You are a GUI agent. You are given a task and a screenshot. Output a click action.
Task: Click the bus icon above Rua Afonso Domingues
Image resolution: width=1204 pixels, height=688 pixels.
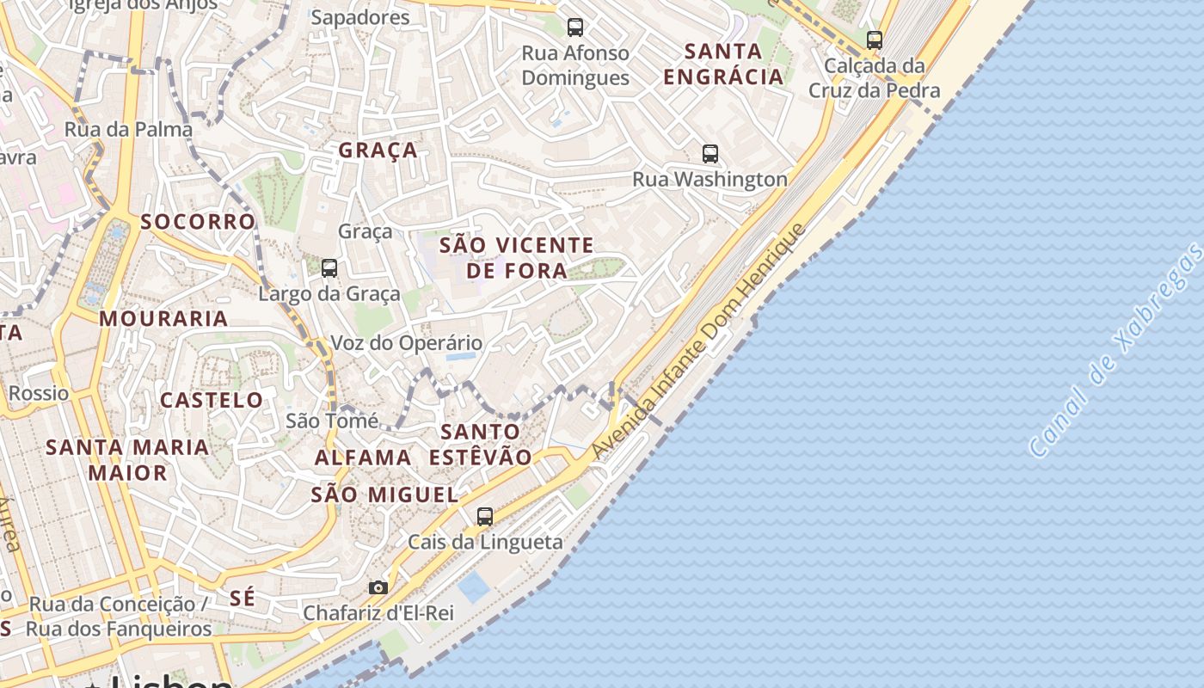pos(575,28)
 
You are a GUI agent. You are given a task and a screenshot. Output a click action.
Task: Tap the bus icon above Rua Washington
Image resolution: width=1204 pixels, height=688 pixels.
pos(710,154)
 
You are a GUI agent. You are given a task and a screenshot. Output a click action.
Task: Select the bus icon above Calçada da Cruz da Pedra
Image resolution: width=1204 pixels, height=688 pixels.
pos(875,40)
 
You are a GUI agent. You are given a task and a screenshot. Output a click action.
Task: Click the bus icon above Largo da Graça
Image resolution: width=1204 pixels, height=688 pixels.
pos(329,268)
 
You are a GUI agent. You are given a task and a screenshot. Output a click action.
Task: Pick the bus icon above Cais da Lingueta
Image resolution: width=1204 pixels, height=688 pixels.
pos(485,517)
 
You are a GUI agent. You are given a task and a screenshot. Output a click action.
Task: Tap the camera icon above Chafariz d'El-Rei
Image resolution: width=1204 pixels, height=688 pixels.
pos(378,588)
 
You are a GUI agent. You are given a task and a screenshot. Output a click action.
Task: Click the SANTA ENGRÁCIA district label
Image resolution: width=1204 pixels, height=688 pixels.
pos(723,64)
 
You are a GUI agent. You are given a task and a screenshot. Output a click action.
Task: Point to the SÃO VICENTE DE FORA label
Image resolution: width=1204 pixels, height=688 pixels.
pos(516,258)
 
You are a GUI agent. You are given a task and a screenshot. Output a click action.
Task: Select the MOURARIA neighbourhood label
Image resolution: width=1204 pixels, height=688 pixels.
pos(163,319)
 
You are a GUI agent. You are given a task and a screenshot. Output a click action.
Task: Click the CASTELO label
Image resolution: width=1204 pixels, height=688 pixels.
pos(212,400)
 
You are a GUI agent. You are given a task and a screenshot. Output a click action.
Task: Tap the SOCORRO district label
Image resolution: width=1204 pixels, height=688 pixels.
pos(198,222)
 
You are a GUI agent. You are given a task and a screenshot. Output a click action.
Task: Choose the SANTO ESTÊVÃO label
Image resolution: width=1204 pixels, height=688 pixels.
pos(481,444)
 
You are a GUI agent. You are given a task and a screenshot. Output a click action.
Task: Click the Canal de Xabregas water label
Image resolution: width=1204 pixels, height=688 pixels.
pos(1116,350)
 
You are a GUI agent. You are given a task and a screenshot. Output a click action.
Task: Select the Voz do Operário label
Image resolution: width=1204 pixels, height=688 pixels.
pos(407,343)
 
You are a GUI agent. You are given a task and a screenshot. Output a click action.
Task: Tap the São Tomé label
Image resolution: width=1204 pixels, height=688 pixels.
pos(332,421)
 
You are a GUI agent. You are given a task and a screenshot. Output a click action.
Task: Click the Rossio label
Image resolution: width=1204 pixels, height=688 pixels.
pos(39,394)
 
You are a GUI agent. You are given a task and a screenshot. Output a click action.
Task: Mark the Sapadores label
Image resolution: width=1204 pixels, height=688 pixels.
pos(360,17)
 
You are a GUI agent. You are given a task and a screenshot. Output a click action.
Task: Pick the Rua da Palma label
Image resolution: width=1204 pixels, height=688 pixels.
pos(128,130)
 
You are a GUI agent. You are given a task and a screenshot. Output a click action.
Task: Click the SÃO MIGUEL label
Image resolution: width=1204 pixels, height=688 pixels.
pos(384,494)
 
